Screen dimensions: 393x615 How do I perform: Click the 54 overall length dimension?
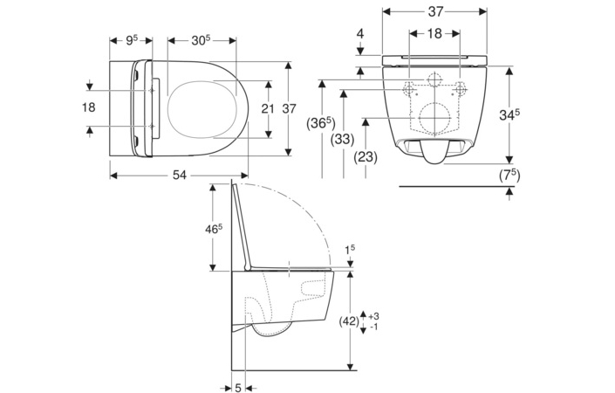click(180, 176)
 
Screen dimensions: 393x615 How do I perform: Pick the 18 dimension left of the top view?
click(88, 107)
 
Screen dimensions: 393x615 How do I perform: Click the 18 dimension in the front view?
click(434, 33)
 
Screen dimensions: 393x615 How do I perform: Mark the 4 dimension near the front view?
click(360, 33)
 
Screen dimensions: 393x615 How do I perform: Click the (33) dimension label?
click(342, 138)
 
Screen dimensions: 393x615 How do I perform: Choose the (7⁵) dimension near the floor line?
click(509, 175)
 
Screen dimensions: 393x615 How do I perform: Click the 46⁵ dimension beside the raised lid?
click(212, 230)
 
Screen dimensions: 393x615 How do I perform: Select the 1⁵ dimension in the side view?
click(350, 251)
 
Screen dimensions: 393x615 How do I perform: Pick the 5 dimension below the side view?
click(236, 385)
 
